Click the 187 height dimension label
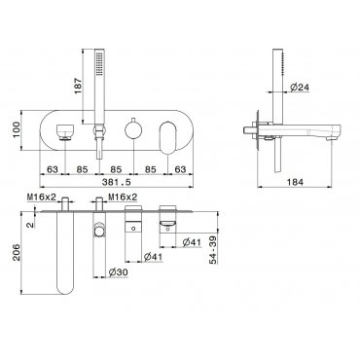(x=79, y=86)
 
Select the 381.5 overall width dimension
(x=117, y=182)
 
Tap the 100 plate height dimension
(x=17, y=130)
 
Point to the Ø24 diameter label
(x=300, y=87)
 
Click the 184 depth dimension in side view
(x=295, y=182)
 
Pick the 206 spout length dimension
(x=17, y=253)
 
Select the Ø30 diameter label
(x=118, y=272)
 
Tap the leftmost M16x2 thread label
(x=42, y=197)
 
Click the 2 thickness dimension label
(x=30, y=225)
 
